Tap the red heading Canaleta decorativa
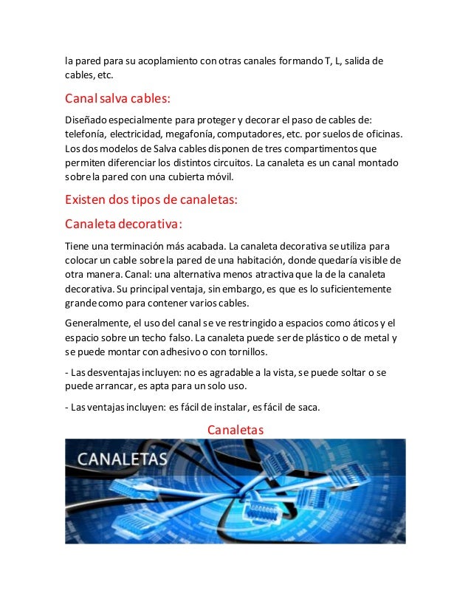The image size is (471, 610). [123, 223]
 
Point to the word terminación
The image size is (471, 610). [148, 245]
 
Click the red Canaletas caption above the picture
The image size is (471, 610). [235, 429]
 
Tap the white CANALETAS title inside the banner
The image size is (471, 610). [123, 459]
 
